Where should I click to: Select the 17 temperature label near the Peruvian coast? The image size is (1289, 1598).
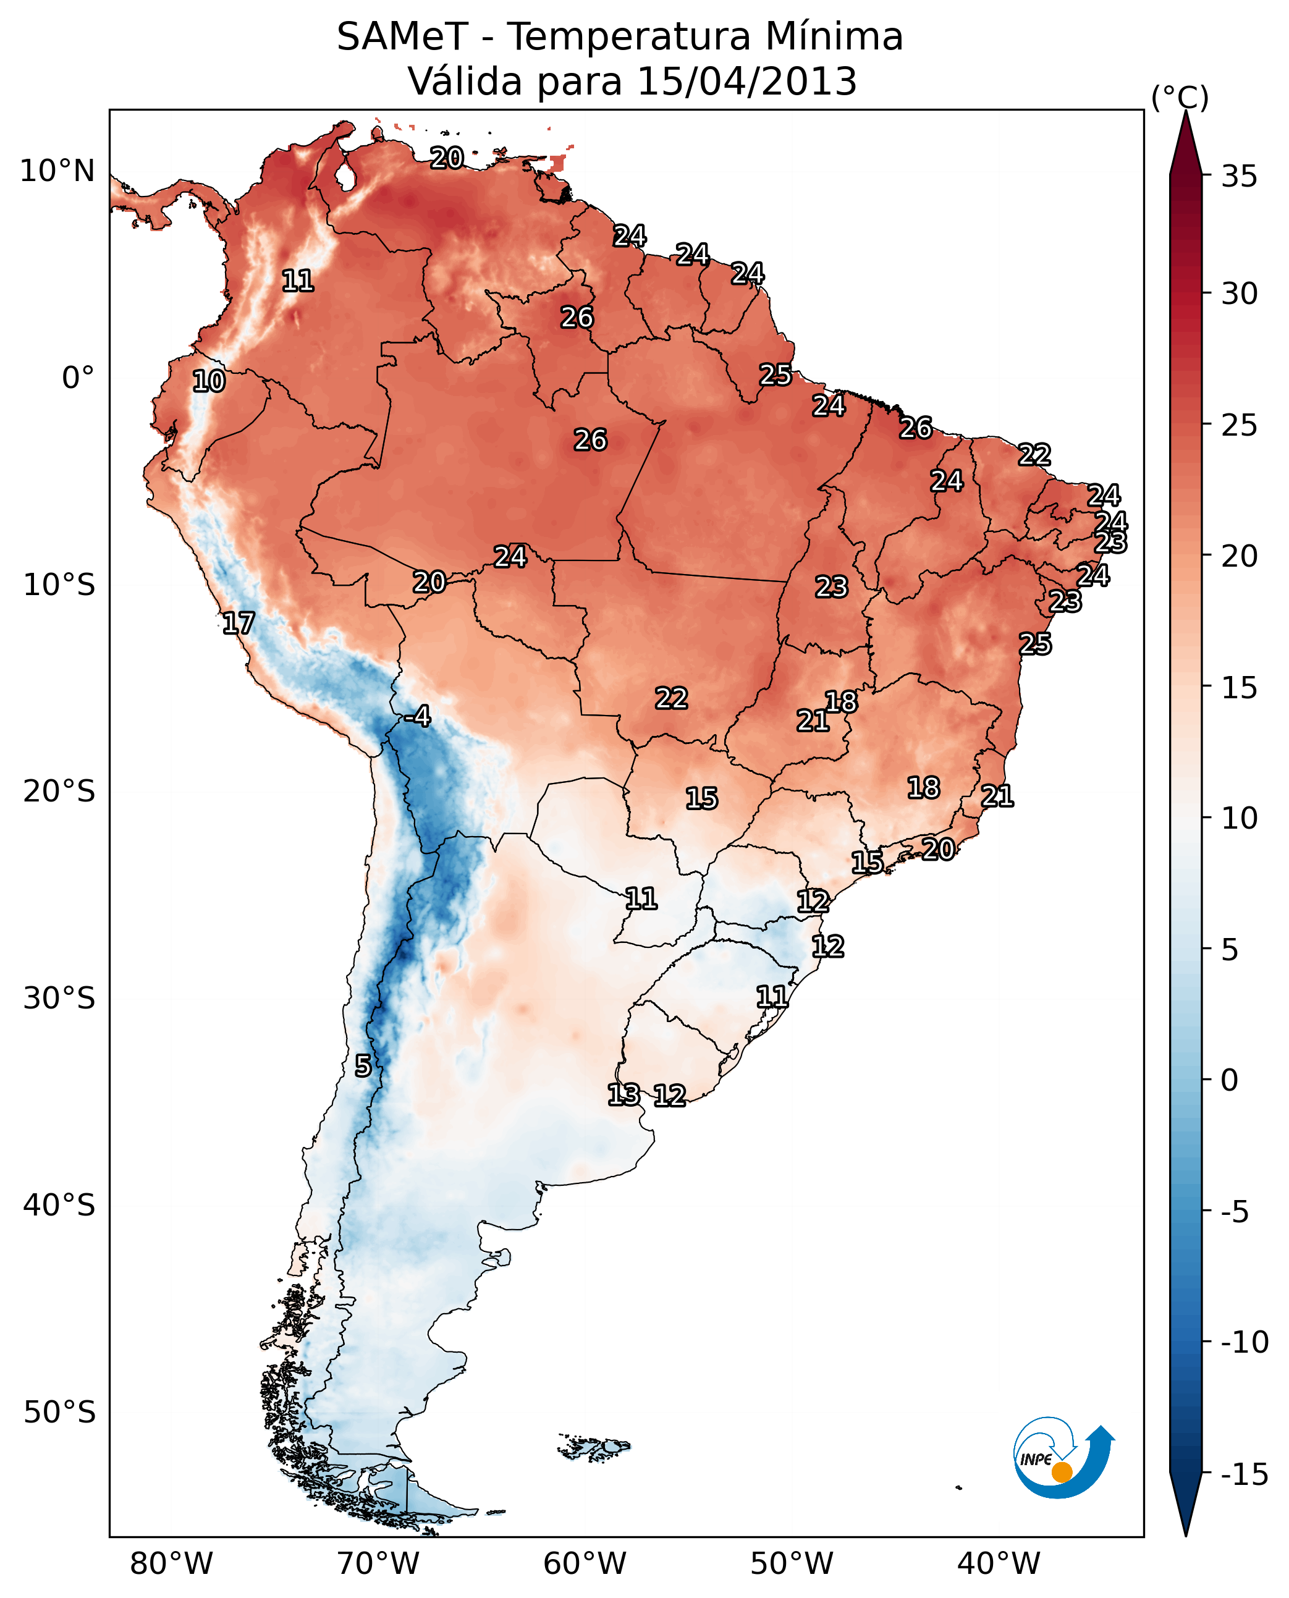[x=239, y=623]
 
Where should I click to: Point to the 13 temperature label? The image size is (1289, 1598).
[x=623, y=1094]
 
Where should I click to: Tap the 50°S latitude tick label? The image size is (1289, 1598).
[x=59, y=1411]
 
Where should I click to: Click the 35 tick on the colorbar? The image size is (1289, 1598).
[x=1239, y=177]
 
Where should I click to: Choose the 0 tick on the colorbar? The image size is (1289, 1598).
[x=1230, y=1080]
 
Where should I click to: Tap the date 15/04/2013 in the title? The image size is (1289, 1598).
[x=747, y=82]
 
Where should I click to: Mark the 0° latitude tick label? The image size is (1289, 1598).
[x=78, y=378]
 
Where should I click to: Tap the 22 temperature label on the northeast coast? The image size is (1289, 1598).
[x=1034, y=454]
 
